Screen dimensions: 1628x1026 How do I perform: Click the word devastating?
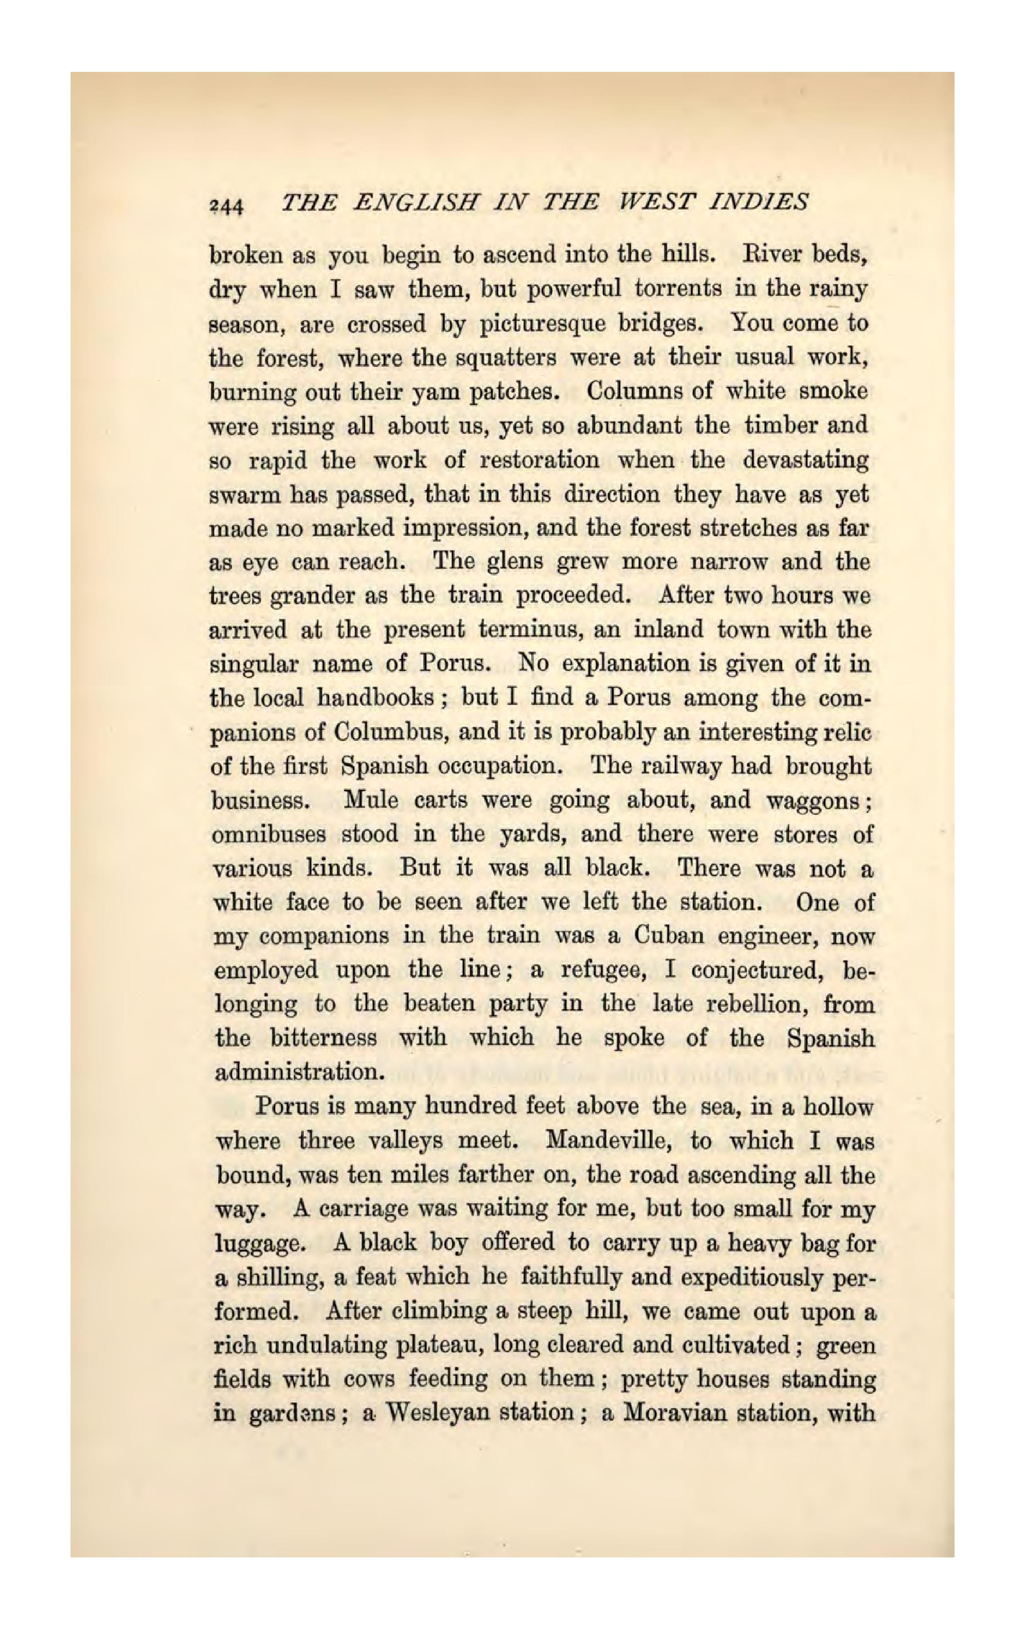[x=805, y=460]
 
